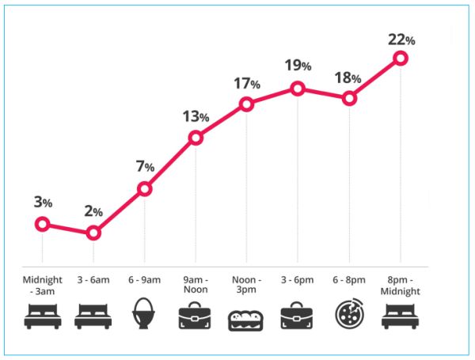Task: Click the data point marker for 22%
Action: [400, 58]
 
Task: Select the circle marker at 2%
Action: [93, 233]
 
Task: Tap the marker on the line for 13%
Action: [196, 138]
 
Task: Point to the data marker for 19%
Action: [298, 89]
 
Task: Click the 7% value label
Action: [144, 166]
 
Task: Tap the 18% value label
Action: [349, 78]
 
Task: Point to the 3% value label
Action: [43, 203]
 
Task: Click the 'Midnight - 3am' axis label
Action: [43, 285]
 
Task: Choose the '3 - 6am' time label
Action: [93, 280]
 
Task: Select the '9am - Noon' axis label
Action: [196, 285]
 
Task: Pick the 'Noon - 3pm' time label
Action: [246, 285]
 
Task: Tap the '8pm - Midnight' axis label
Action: [400, 285]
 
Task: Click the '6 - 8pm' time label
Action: [349, 280]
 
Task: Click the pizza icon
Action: [349, 314]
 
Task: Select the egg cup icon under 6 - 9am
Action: [145, 314]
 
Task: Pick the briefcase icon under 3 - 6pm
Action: [298, 315]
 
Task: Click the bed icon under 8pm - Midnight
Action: [400, 316]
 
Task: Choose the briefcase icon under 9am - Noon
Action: [196, 315]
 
